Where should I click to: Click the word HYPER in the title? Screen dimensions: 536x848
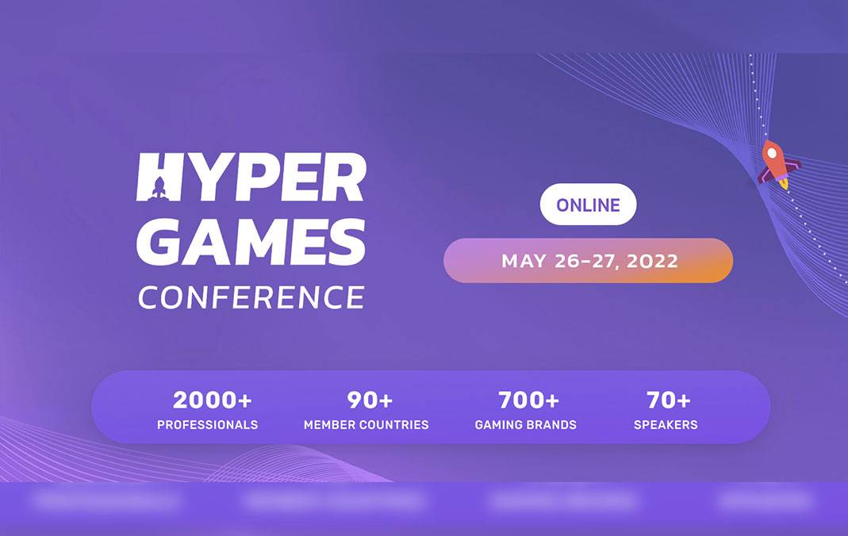click(x=251, y=177)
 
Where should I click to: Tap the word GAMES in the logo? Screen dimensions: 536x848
click(x=251, y=241)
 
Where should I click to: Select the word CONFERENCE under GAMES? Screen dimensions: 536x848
click(x=251, y=297)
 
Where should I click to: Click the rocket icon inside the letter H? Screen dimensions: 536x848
click(x=159, y=187)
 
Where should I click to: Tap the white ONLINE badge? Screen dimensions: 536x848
click(x=588, y=205)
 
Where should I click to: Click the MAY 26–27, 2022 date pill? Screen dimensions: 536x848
click(x=588, y=261)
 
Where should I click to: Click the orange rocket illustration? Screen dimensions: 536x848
click(x=777, y=164)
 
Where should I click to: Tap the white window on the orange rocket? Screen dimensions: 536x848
click(x=771, y=153)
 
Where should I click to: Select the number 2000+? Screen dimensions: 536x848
click(x=207, y=400)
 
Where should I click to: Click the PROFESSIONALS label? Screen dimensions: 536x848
click(x=207, y=425)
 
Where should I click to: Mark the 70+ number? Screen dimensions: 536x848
click(x=668, y=400)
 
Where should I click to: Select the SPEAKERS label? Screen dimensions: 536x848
click(x=666, y=425)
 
